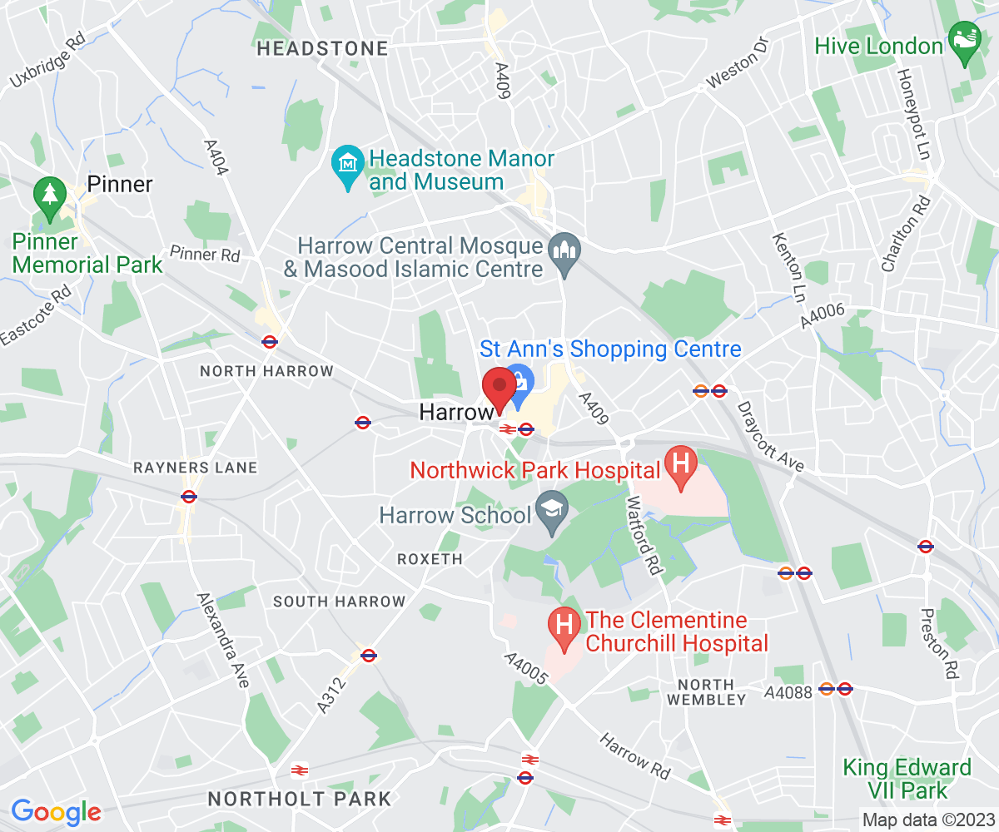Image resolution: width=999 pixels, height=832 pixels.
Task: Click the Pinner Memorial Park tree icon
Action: (x=50, y=196)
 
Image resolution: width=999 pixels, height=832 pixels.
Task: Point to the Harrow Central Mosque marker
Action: (x=564, y=248)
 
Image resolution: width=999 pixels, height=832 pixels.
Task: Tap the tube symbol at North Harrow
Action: (x=269, y=341)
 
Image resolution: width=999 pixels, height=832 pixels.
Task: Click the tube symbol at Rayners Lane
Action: (x=189, y=497)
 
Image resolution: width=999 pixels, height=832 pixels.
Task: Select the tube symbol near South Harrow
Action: (x=369, y=656)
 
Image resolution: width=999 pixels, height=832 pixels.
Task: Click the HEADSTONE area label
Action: (x=322, y=49)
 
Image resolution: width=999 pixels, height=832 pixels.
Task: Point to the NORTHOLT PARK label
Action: (x=299, y=800)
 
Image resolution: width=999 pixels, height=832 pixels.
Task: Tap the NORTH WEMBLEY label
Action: (x=707, y=692)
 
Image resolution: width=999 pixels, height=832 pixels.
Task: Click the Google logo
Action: (x=56, y=811)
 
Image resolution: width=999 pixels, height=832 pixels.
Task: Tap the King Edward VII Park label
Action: (x=907, y=778)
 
